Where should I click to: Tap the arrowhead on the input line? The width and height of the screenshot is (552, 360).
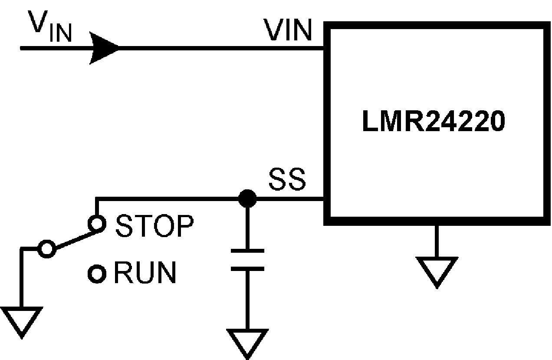pyautogui.click(x=104, y=48)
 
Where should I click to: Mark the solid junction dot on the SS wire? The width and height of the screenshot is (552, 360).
pyautogui.click(x=247, y=199)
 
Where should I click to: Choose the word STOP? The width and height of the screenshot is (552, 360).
pyautogui.click(x=154, y=226)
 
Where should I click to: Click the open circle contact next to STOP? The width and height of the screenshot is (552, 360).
pyautogui.click(x=96, y=224)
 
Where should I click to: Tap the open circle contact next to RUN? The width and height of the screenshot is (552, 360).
pyautogui.click(x=96, y=274)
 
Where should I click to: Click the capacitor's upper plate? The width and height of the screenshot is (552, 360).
pyautogui.click(x=247, y=251)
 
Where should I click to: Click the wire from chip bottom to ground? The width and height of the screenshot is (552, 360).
pyautogui.click(x=437, y=241)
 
